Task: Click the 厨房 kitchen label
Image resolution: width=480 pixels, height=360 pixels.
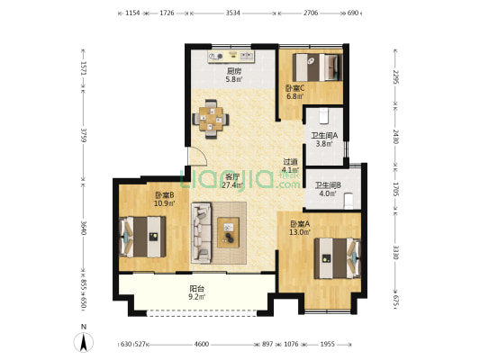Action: click(234, 71)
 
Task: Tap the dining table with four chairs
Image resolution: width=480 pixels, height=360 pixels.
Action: click(211, 119)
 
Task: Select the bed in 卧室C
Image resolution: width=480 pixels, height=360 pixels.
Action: click(318, 67)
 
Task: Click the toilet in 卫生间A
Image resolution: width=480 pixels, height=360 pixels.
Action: click(324, 116)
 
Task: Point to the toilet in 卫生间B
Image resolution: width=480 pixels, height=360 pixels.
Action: click(349, 201)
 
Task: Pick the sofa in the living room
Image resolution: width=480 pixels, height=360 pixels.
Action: click(202, 233)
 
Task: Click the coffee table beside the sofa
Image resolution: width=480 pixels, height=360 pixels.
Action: click(229, 232)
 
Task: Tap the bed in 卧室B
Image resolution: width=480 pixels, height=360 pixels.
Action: click(142, 237)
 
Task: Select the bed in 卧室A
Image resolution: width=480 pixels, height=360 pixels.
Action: click(338, 258)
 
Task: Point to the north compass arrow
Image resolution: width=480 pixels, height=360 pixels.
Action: click(83, 342)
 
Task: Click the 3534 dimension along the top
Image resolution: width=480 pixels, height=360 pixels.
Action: click(233, 13)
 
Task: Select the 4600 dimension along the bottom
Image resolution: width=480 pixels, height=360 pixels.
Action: click(202, 344)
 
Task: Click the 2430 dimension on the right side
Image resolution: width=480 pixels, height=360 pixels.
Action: click(396, 137)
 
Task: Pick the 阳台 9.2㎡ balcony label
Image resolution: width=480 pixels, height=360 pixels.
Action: click(197, 292)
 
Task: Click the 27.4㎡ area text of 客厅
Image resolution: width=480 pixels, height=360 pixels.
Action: click(232, 184)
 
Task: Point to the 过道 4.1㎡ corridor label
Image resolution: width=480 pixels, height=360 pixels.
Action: click(290, 166)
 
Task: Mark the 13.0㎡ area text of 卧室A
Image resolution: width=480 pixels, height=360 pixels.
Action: click(300, 232)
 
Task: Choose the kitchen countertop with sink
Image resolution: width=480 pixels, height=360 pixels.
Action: click(231, 57)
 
